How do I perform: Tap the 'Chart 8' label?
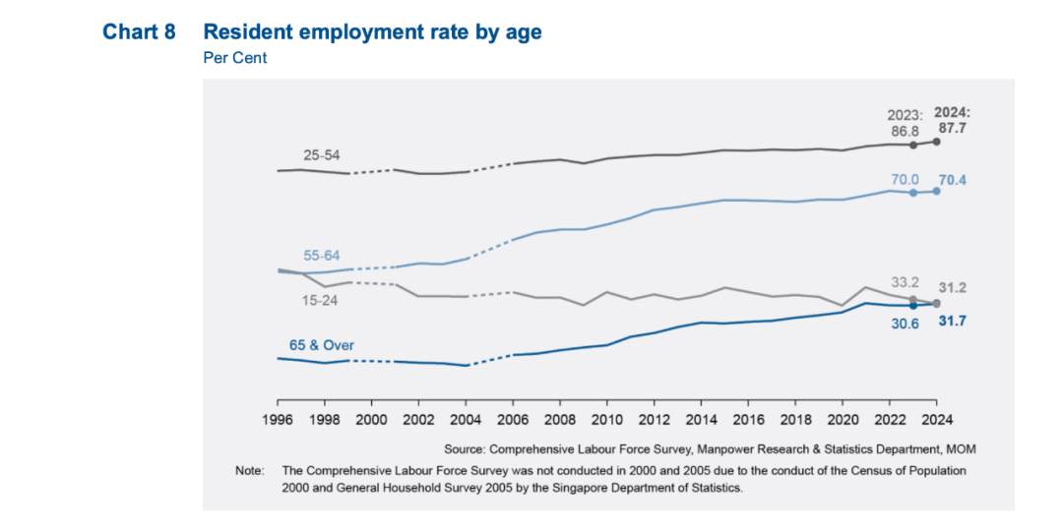139,32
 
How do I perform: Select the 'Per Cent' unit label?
235,58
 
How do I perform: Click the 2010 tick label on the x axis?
607,419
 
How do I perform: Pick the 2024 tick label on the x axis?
936,419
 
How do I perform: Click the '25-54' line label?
322,155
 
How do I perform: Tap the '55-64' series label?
320,255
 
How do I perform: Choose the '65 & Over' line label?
321,345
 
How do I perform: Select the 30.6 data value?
905,324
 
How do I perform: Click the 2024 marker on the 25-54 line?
936,142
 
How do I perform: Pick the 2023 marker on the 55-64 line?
913,193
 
